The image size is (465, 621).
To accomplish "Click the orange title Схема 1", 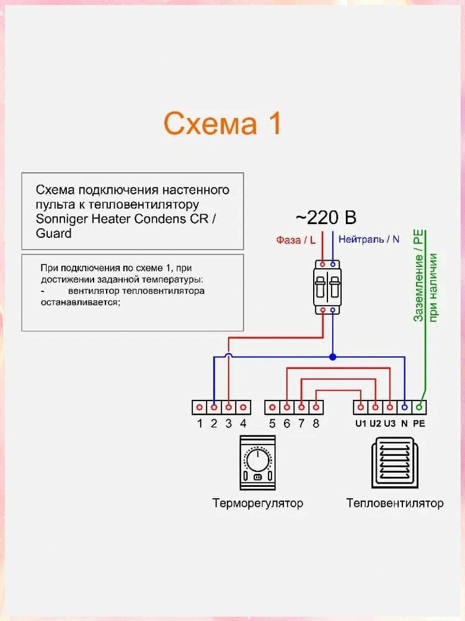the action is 222,123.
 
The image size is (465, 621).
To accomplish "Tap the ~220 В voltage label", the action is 326,217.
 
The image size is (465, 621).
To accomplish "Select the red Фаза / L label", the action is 296,240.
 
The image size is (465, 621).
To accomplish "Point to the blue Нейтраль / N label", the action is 369,239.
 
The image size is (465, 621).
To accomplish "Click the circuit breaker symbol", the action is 327,287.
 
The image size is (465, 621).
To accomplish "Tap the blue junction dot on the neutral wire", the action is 332,357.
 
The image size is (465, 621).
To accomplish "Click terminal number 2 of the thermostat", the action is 214,407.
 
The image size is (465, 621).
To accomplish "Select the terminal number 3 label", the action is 229,424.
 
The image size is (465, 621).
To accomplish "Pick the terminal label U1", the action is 361,424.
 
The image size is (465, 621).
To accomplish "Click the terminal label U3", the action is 389,424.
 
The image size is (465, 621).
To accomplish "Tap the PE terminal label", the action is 419,424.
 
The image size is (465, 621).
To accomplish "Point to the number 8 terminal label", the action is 316,424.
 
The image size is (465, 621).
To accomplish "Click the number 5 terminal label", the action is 272,424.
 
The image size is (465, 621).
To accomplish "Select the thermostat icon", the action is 258,463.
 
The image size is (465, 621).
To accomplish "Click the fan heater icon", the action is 394,463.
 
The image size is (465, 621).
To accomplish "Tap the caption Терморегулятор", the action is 258,503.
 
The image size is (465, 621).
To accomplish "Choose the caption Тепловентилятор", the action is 394,503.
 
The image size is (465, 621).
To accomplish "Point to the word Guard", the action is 54,233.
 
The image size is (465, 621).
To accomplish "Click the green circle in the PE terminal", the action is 419,407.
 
